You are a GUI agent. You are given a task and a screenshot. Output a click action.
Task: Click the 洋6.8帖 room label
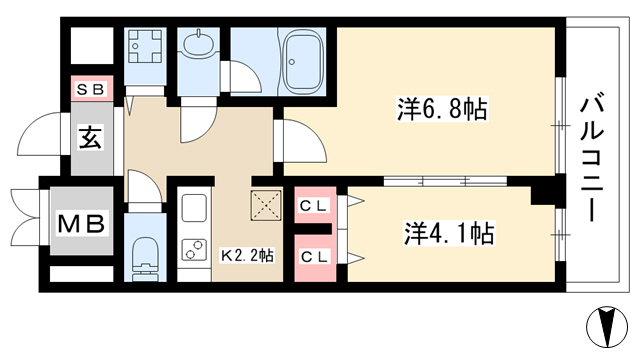click(442, 109)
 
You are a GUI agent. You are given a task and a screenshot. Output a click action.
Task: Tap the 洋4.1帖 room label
click(449, 233)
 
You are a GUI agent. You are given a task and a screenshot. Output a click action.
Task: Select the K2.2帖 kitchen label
click(247, 256)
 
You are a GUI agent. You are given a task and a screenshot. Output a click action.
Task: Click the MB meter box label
click(81, 223)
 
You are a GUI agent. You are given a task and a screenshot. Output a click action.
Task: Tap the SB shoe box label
click(91, 89)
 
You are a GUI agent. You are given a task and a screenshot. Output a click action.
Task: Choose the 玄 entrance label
click(90, 138)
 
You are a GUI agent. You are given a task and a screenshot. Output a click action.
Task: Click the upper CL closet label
click(314, 206)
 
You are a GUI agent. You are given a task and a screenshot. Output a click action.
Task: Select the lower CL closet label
click(314, 257)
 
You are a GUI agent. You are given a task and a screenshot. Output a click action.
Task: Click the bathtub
click(302, 62)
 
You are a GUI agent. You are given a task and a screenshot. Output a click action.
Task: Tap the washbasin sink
click(198, 42)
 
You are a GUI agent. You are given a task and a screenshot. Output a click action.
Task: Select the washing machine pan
click(145, 46)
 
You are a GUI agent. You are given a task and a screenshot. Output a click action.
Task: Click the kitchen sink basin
click(194, 208)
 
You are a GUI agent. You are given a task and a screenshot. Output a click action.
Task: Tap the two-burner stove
click(193, 249)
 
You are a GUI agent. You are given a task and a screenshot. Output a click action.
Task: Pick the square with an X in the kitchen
click(266, 205)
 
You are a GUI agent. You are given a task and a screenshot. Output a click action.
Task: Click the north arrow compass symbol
click(607, 327)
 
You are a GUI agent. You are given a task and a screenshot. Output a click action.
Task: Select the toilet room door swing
click(145, 187)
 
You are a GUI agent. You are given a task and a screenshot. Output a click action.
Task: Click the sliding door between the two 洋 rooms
click(445, 181)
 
